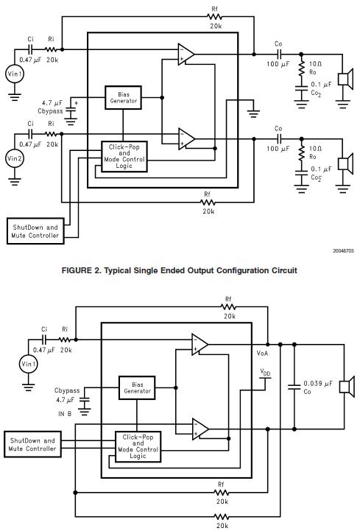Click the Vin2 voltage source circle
pyautogui.click(x=14, y=158)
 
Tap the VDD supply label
pyautogui.click(x=265, y=372)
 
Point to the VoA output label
pyautogui.click(x=262, y=354)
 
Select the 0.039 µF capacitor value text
pyautogui.click(x=318, y=384)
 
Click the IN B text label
pyautogui.click(x=65, y=413)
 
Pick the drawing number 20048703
pyautogui.click(x=343, y=250)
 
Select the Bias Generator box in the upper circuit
pyautogui.click(x=123, y=97)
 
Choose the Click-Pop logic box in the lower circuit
pyautogui.click(x=138, y=446)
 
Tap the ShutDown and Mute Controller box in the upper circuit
pyautogui.click(x=35, y=231)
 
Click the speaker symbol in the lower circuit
pyautogui.click(x=347, y=387)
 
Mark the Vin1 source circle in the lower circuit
pyautogui.click(x=28, y=364)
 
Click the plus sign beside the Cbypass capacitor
pyautogui.click(x=77, y=103)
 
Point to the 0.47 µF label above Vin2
pyautogui.click(x=29, y=144)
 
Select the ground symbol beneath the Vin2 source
pyautogui.click(x=14, y=182)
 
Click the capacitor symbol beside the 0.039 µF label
pyautogui.click(x=294, y=387)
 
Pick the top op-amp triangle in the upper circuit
pyautogui.click(x=186, y=54)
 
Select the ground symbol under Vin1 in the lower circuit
pyautogui.click(x=28, y=387)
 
